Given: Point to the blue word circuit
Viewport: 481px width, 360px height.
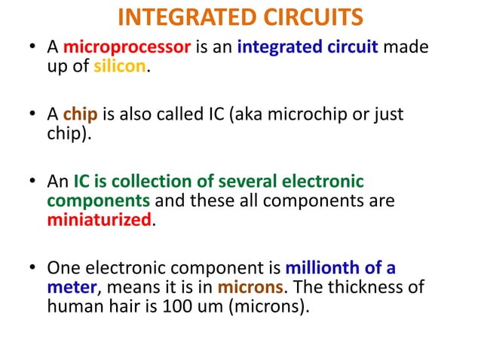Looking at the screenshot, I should pos(350,49).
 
